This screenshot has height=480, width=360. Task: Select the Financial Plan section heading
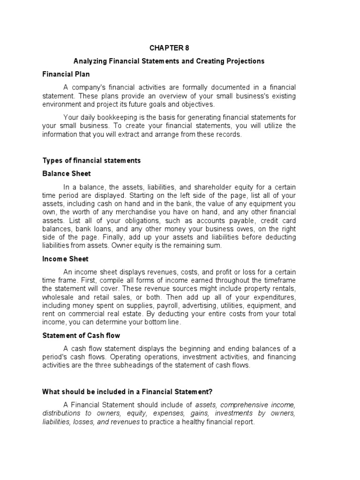point(66,74)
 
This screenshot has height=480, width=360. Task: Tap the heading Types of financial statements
point(91,160)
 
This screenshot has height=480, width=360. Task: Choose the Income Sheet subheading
point(65,259)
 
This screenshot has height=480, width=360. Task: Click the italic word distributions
point(61,413)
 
